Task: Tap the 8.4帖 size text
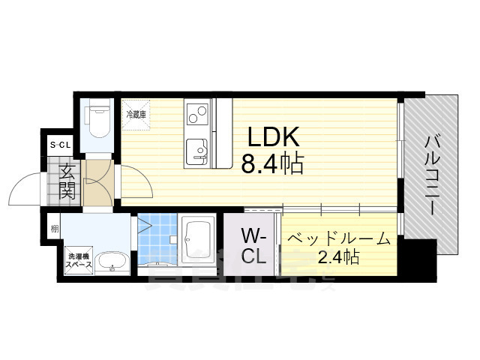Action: tap(272, 163)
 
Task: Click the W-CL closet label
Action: tap(253, 246)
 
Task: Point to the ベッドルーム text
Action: tap(339, 240)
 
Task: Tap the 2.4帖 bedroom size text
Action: tap(339, 259)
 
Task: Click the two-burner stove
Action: tap(196, 115)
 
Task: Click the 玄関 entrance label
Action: tap(67, 182)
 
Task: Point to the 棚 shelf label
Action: tap(55, 228)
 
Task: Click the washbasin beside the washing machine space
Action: tap(114, 262)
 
